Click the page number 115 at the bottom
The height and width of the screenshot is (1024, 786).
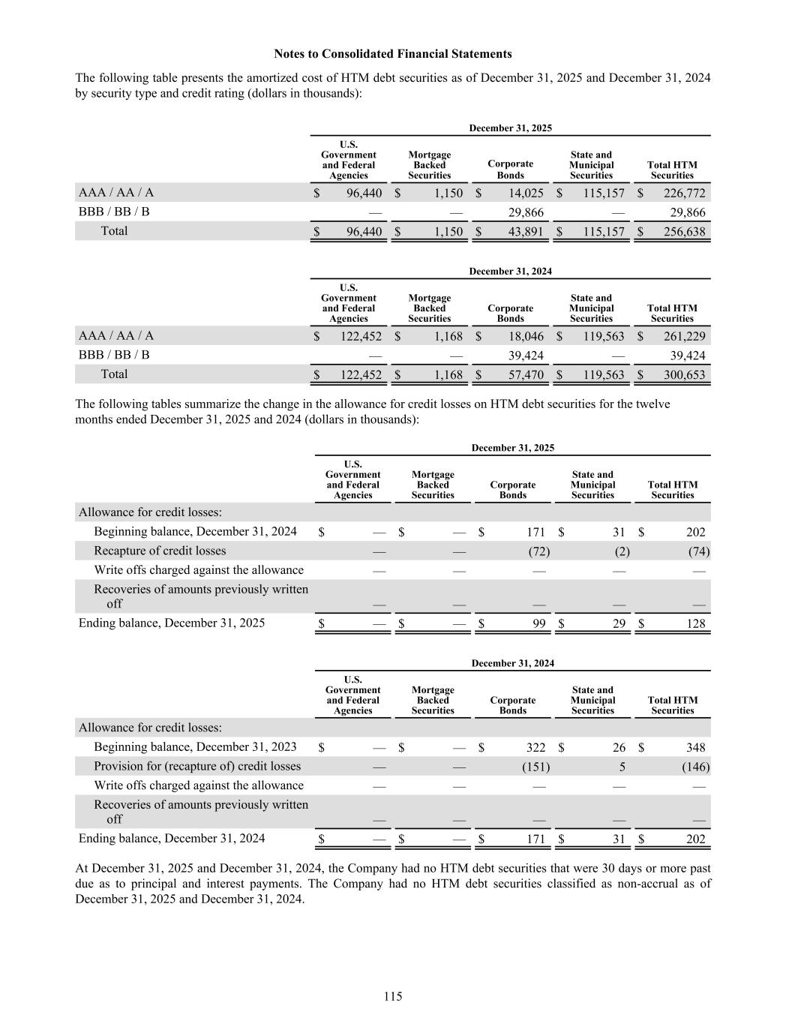tap(393, 996)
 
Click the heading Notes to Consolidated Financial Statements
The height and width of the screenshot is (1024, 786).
tap(393, 54)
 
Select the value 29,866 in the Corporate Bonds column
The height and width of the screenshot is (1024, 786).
tap(526, 212)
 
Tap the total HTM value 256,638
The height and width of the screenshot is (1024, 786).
tap(685, 232)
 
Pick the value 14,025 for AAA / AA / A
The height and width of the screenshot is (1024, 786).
tap(526, 194)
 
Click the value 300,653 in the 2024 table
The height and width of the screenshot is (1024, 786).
tap(685, 375)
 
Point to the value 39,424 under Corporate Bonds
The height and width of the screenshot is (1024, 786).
tap(526, 356)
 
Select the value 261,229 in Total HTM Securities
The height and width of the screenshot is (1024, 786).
tap(685, 337)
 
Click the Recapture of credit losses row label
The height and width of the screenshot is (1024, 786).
tap(160, 551)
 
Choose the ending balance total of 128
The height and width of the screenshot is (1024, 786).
tap(695, 623)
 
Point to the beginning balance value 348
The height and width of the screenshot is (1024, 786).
tap(695, 747)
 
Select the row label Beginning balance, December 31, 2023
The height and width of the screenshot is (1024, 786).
tap(195, 746)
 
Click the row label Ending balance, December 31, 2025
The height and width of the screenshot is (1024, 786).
tap(172, 623)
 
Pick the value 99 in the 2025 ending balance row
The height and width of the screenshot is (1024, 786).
tap(539, 623)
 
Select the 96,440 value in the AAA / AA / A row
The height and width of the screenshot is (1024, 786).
tap(364, 194)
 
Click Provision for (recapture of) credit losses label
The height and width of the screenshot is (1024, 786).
tap(197, 766)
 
